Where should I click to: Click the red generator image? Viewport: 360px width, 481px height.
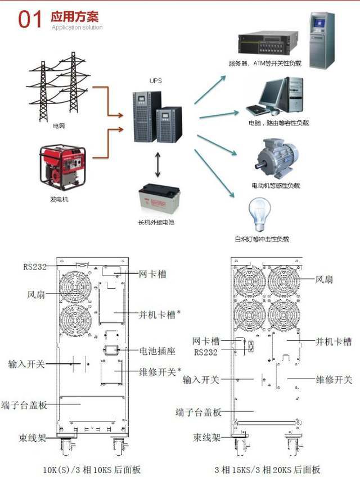(x=62, y=167)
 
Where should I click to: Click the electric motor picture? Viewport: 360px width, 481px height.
(x=276, y=158)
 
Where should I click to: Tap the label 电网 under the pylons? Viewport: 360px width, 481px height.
(x=58, y=126)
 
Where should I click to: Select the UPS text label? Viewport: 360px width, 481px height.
(x=156, y=81)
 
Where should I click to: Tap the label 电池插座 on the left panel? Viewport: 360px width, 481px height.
(x=157, y=350)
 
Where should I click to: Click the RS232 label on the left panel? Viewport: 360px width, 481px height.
(x=35, y=267)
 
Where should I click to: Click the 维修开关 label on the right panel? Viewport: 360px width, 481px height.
(x=334, y=380)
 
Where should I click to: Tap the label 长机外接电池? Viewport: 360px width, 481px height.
(x=156, y=223)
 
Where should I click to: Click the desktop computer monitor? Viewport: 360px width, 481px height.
(x=273, y=93)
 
